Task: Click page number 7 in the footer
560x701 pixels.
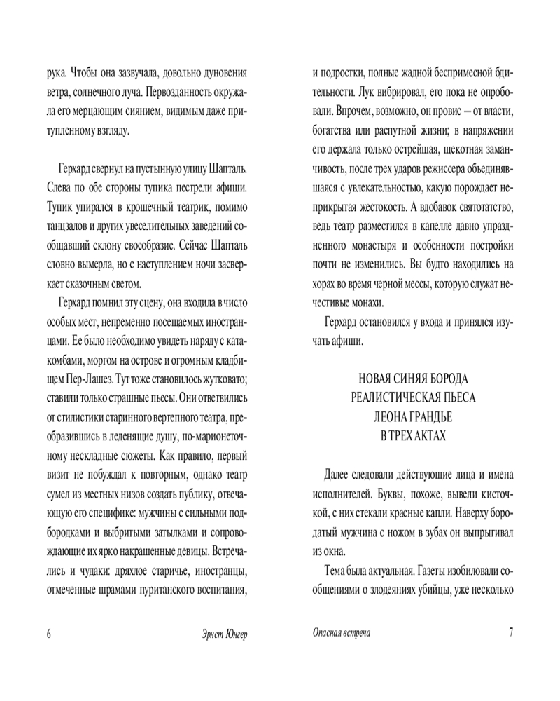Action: point(511,632)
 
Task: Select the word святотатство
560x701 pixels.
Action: point(479,208)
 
